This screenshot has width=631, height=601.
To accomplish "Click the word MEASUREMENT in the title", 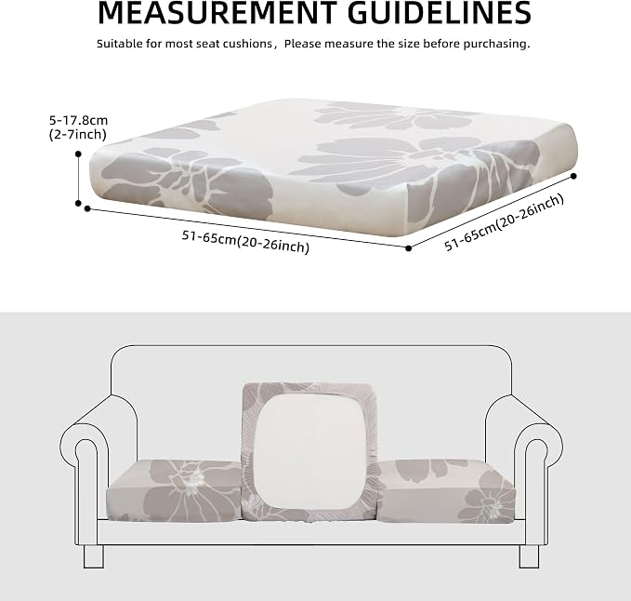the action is click(x=217, y=13).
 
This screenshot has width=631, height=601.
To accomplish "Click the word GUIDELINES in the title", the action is click(x=440, y=13).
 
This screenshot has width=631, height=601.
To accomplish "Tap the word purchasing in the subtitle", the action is click(x=496, y=44).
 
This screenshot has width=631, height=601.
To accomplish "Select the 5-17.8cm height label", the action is click(x=78, y=120).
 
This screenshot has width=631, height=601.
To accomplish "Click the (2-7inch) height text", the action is click(x=78, y=135).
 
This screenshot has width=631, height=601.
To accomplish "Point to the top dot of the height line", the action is click(x=78, y=154).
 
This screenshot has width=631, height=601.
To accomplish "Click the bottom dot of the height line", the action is click(x=78, y=204).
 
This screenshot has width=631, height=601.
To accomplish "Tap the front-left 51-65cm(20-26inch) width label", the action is click(x=245, y=242).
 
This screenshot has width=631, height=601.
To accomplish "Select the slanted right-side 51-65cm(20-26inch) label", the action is click(x=505, y=222).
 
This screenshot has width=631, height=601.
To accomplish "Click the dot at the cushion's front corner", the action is click(x=409, y=248).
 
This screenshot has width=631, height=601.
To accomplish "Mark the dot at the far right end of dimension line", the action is click(x=574, y=176).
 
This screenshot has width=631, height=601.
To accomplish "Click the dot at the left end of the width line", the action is click(x=87, y=208).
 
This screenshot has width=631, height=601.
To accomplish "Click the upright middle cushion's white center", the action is click(x=309, y=450).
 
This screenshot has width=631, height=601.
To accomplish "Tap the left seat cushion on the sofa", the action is click(x=174, y=489).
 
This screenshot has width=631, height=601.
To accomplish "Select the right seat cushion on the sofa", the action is click(x=447, y=491).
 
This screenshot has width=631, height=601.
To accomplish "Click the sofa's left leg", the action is click(x=94, y=556).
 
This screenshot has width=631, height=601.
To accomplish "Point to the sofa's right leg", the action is click(x=529, y=556).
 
